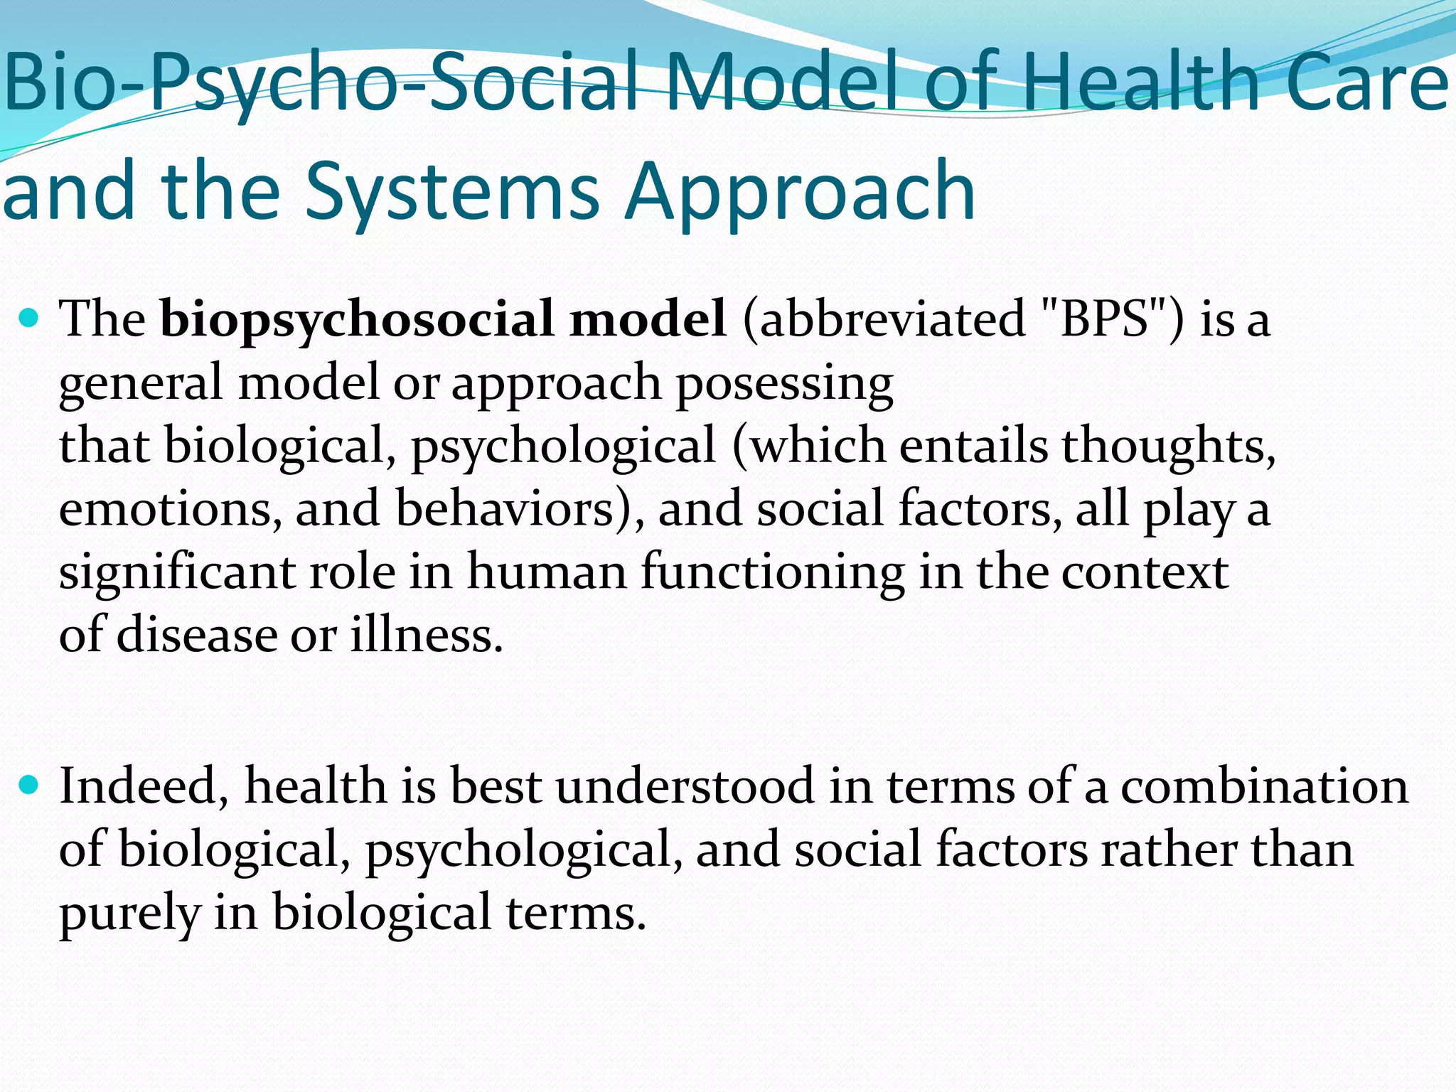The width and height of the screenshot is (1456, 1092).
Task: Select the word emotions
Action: pos(170,510)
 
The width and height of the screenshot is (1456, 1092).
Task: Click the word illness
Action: pos(427,635)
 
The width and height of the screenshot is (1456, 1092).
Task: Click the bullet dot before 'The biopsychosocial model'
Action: pos(30,318)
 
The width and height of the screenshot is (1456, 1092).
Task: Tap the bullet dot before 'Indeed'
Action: pos(30,786)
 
